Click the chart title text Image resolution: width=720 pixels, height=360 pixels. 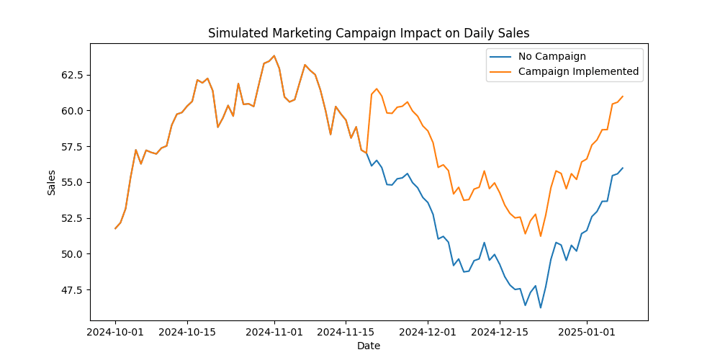click(369, 33)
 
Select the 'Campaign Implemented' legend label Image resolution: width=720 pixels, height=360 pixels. click(578, 71)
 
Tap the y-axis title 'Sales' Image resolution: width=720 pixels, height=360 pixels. click(51, 182)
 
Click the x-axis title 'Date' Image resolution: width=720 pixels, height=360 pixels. click(369, 346)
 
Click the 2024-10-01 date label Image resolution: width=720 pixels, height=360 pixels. click(115, 332)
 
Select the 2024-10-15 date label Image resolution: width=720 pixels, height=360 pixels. click(187, 332)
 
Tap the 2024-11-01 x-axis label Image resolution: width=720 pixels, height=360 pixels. click(274, 332)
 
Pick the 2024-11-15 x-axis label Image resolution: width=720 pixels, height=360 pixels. click(346, 332)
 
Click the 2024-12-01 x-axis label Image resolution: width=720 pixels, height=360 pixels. click(428, 332)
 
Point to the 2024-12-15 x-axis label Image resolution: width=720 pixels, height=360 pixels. click(500, 332)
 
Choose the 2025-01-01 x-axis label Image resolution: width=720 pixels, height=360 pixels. click(587, 332)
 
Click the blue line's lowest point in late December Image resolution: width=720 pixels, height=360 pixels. click(541, 308)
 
